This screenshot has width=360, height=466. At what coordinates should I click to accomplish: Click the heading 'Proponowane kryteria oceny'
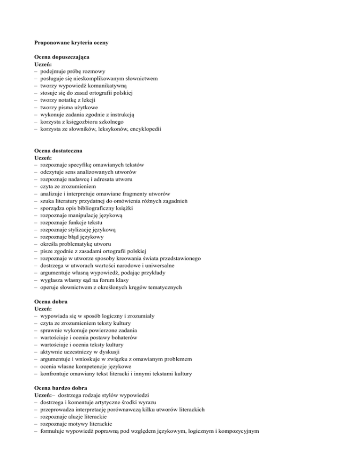click(x=72, y=43)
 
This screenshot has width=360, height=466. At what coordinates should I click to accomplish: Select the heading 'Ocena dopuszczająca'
click(x=62, y=57)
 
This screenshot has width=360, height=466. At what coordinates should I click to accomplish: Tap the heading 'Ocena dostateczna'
click(x=59, y=150)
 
